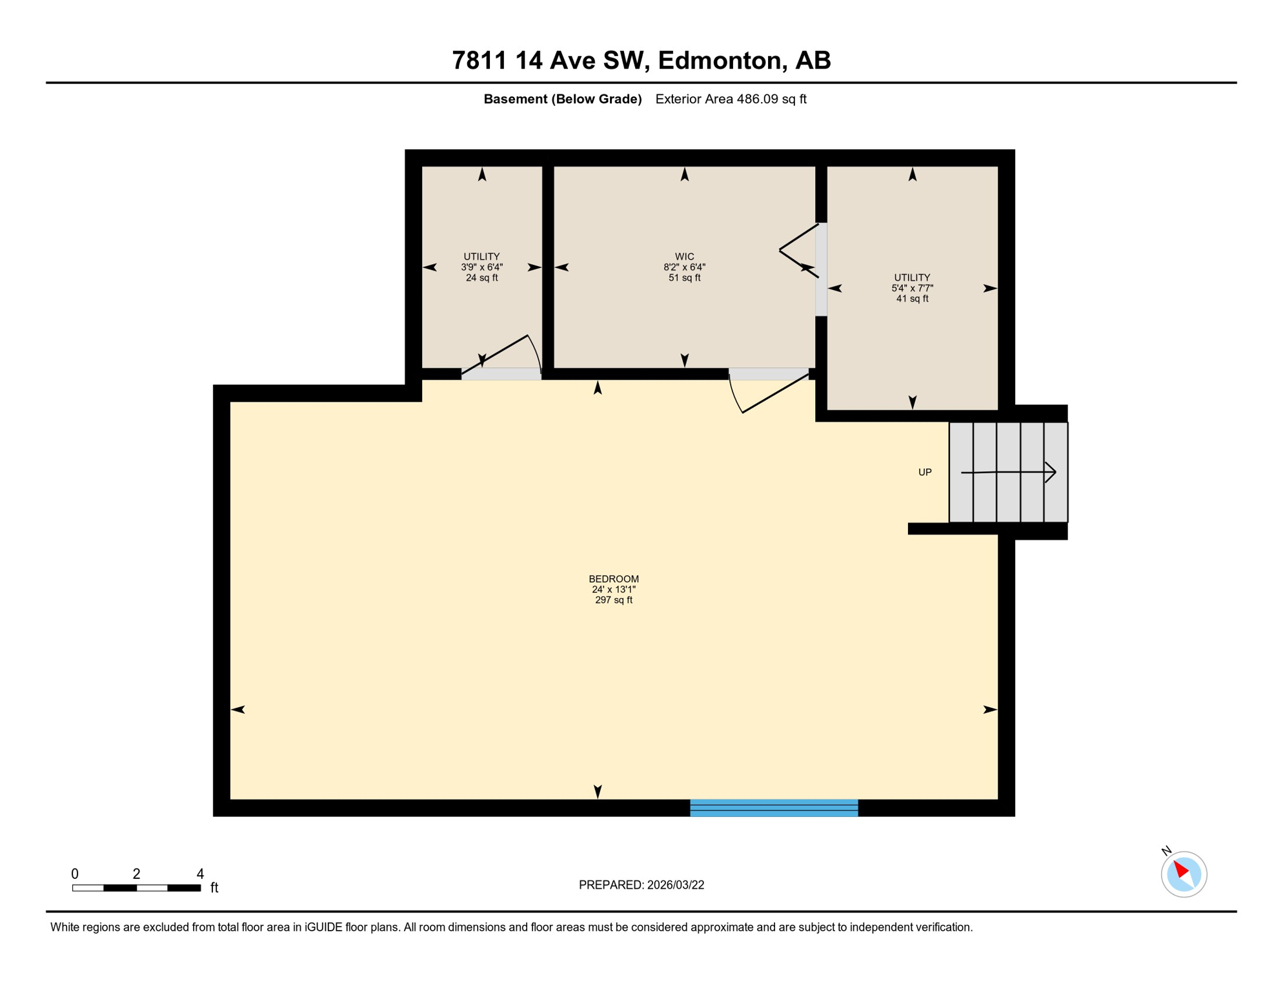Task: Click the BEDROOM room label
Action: coord(613,579)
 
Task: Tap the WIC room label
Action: coord(684,256)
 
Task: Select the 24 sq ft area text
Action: coord(481,278)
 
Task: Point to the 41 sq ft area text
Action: coord(912,298)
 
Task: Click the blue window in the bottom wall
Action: coord(774,807)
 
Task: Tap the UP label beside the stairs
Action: coord(925,472)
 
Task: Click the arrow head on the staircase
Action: coord(1051,472)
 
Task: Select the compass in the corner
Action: coord(1184,874)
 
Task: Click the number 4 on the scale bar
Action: coord(200,873)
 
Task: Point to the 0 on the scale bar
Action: coord(75,873)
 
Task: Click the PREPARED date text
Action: coord(641,885)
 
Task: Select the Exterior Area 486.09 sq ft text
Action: coord(731,99)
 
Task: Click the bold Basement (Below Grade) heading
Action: coord(562,99)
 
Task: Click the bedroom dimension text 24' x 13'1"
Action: coord(613,589)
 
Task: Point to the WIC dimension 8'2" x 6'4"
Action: coord(684,267)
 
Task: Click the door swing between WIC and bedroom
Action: coord(768,391)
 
